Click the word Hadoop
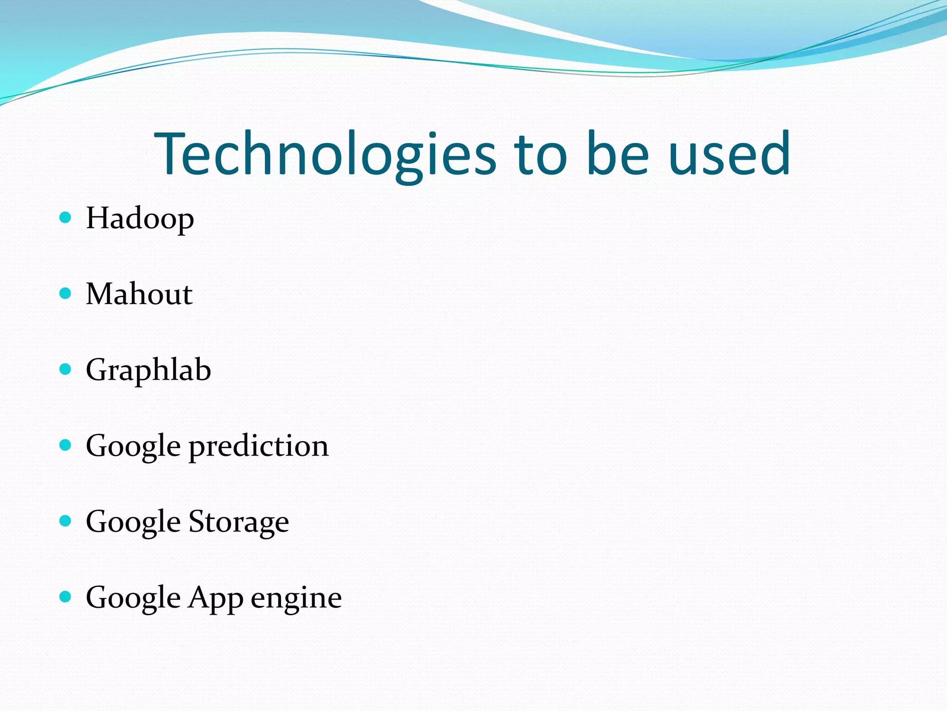tap(140, 218)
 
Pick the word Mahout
tap(139, 294)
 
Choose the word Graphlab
tap(148, 370)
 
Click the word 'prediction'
tap(258, 446)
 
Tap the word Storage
tap(239, 522)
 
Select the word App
tap(215, 598)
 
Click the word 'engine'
tap(296, 598)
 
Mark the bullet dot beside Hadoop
tap(66, 218)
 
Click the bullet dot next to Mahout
tap(66, 293)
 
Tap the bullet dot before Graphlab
tap(66, 369)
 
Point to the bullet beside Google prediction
tap(66, 445)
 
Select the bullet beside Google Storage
tap(66, 521)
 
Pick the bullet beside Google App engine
tap(66, 597)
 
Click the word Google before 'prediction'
tap(133, 446)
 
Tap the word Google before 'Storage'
tap(133, 522)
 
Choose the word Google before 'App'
tap(133, 598)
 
